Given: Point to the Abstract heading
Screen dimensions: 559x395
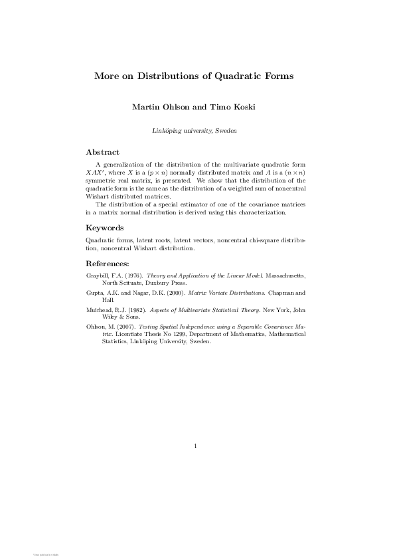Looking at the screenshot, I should [x=103, y=152].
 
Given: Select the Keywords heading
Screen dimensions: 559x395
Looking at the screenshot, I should [x=105, y=228].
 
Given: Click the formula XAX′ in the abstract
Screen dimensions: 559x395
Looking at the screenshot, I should [x=96, y=171].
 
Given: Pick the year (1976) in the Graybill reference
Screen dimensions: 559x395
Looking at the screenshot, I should [x=133, y=274].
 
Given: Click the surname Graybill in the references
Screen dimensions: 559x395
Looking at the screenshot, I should [x=97, y=274].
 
